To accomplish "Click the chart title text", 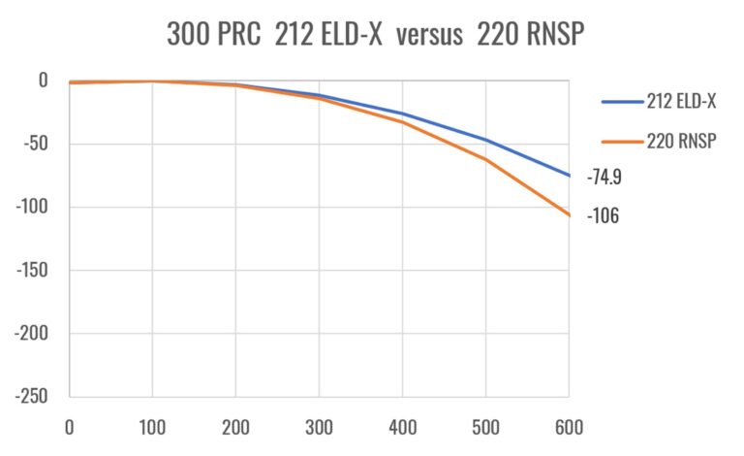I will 372,36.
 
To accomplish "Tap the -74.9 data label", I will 604,178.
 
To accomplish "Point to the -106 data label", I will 603,216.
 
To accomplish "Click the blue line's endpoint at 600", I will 569,176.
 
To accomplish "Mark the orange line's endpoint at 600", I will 569,214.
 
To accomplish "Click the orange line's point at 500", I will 485,159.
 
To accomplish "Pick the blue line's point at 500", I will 485,141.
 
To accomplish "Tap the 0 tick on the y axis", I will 44,81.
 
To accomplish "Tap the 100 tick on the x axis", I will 152,426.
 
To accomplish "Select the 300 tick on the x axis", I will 319,426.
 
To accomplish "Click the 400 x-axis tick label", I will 402,426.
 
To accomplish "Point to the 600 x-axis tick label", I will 569,426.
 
